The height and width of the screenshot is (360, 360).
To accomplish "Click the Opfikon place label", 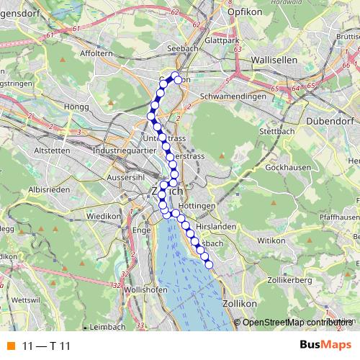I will tap(242, 12).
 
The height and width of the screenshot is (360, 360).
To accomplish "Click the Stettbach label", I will tap(274, 132).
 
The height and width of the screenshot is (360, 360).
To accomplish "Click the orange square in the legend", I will tap(9, 345).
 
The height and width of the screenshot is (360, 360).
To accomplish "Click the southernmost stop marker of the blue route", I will tap(210, 265).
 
